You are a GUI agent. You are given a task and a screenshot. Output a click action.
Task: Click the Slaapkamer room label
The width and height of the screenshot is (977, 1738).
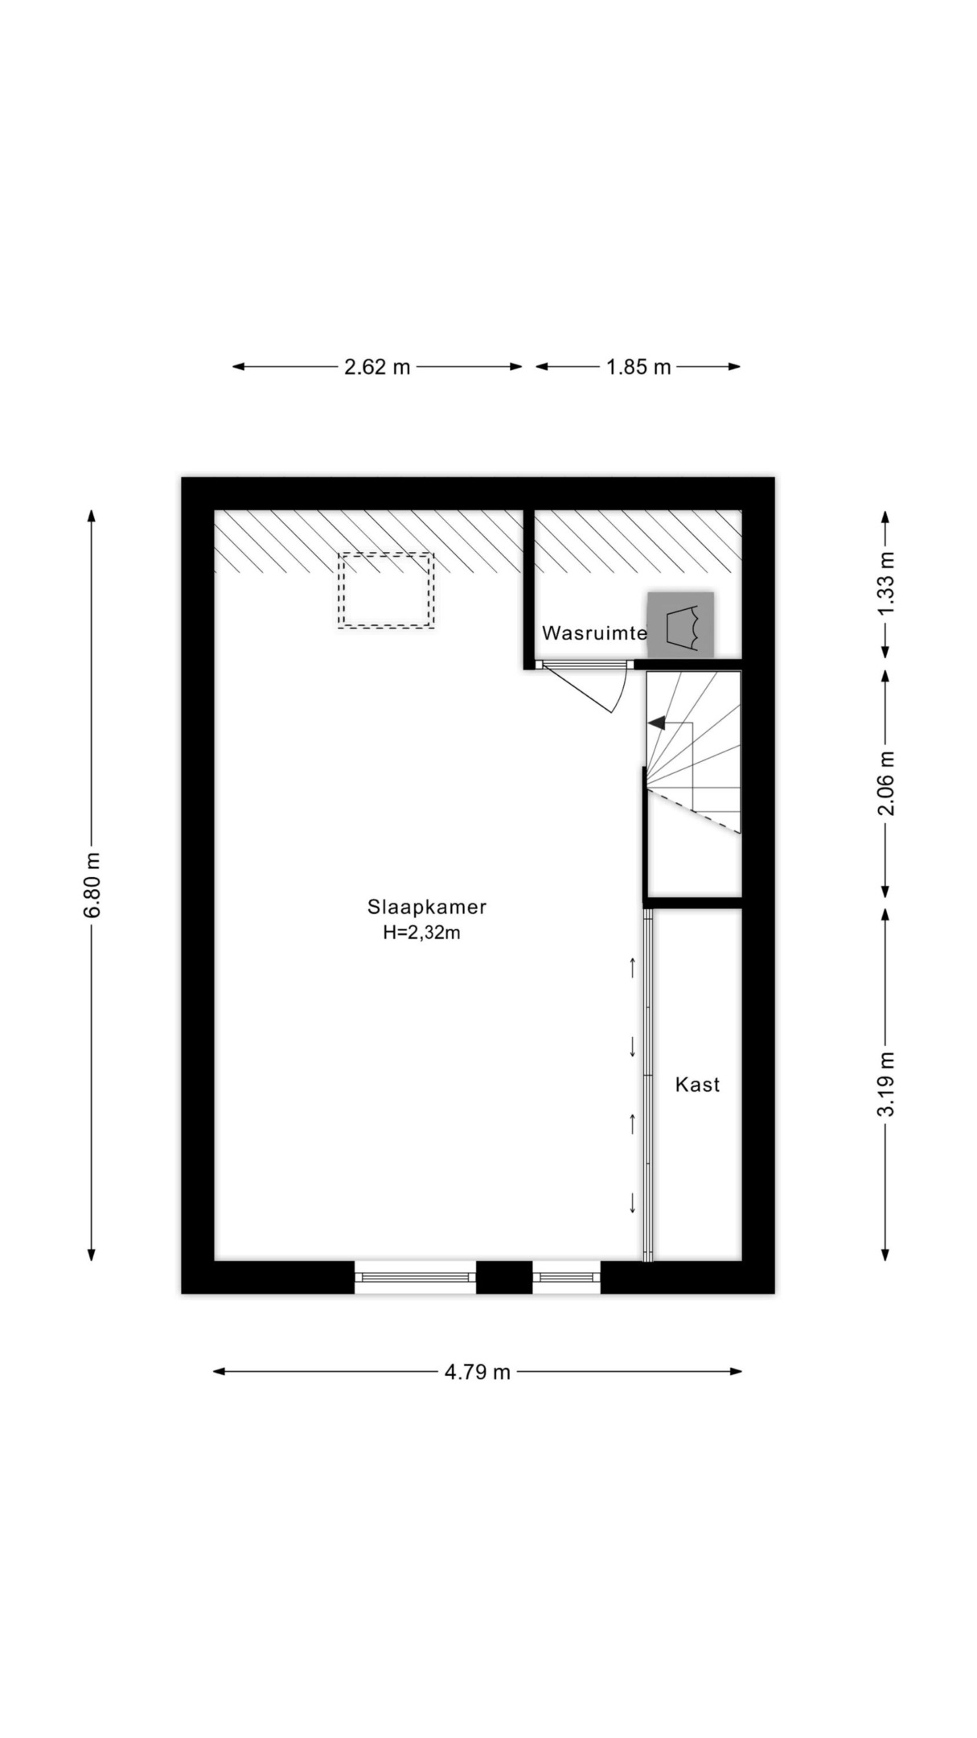[x=427, y=908]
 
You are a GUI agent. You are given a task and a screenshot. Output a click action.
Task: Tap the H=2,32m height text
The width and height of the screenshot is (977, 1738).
[x=422, y=933]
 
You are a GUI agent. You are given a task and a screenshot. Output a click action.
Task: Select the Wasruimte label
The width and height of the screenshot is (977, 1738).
[x=594, y=633]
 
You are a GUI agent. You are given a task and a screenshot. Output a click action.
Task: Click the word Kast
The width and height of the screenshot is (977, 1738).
[x=697, y=1085]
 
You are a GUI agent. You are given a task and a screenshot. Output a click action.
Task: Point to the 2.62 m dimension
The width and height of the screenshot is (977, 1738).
[x=377, y=367]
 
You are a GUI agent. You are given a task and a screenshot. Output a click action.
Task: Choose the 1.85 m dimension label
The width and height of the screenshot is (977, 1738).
[x=638, y=367]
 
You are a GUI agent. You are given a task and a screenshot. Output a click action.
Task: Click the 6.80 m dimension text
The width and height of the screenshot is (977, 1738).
[x=92, y=885]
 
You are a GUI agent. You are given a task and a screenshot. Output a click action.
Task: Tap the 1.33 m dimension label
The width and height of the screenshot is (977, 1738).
[x=885, y=583]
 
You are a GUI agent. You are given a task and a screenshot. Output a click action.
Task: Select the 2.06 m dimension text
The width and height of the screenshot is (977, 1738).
[x=885, y=783]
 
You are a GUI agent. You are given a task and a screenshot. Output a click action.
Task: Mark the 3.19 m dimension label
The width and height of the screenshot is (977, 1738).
[x=885, y=1085]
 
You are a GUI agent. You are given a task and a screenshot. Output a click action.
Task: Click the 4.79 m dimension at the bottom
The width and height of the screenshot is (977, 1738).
[x=478, y=1372]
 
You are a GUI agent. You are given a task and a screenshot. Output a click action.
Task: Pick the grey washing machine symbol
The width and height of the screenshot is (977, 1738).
[x=681, y=624]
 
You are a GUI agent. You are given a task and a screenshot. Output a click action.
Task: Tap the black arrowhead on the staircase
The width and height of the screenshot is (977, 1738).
[x=657, y=723]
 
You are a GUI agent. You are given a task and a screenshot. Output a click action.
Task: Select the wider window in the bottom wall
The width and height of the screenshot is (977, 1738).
[x=416, y=1277]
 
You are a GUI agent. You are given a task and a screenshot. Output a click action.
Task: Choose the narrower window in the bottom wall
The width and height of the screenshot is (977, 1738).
[x=566, y=1277]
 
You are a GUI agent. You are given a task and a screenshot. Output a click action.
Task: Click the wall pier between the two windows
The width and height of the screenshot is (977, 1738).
[x=504, y=1277]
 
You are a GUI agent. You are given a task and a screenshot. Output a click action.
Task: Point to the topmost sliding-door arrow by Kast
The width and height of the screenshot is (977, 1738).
[x=633, y=967]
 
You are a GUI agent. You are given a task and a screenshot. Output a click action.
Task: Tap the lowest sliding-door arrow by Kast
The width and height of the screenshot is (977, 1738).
[x=633, y=1202]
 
